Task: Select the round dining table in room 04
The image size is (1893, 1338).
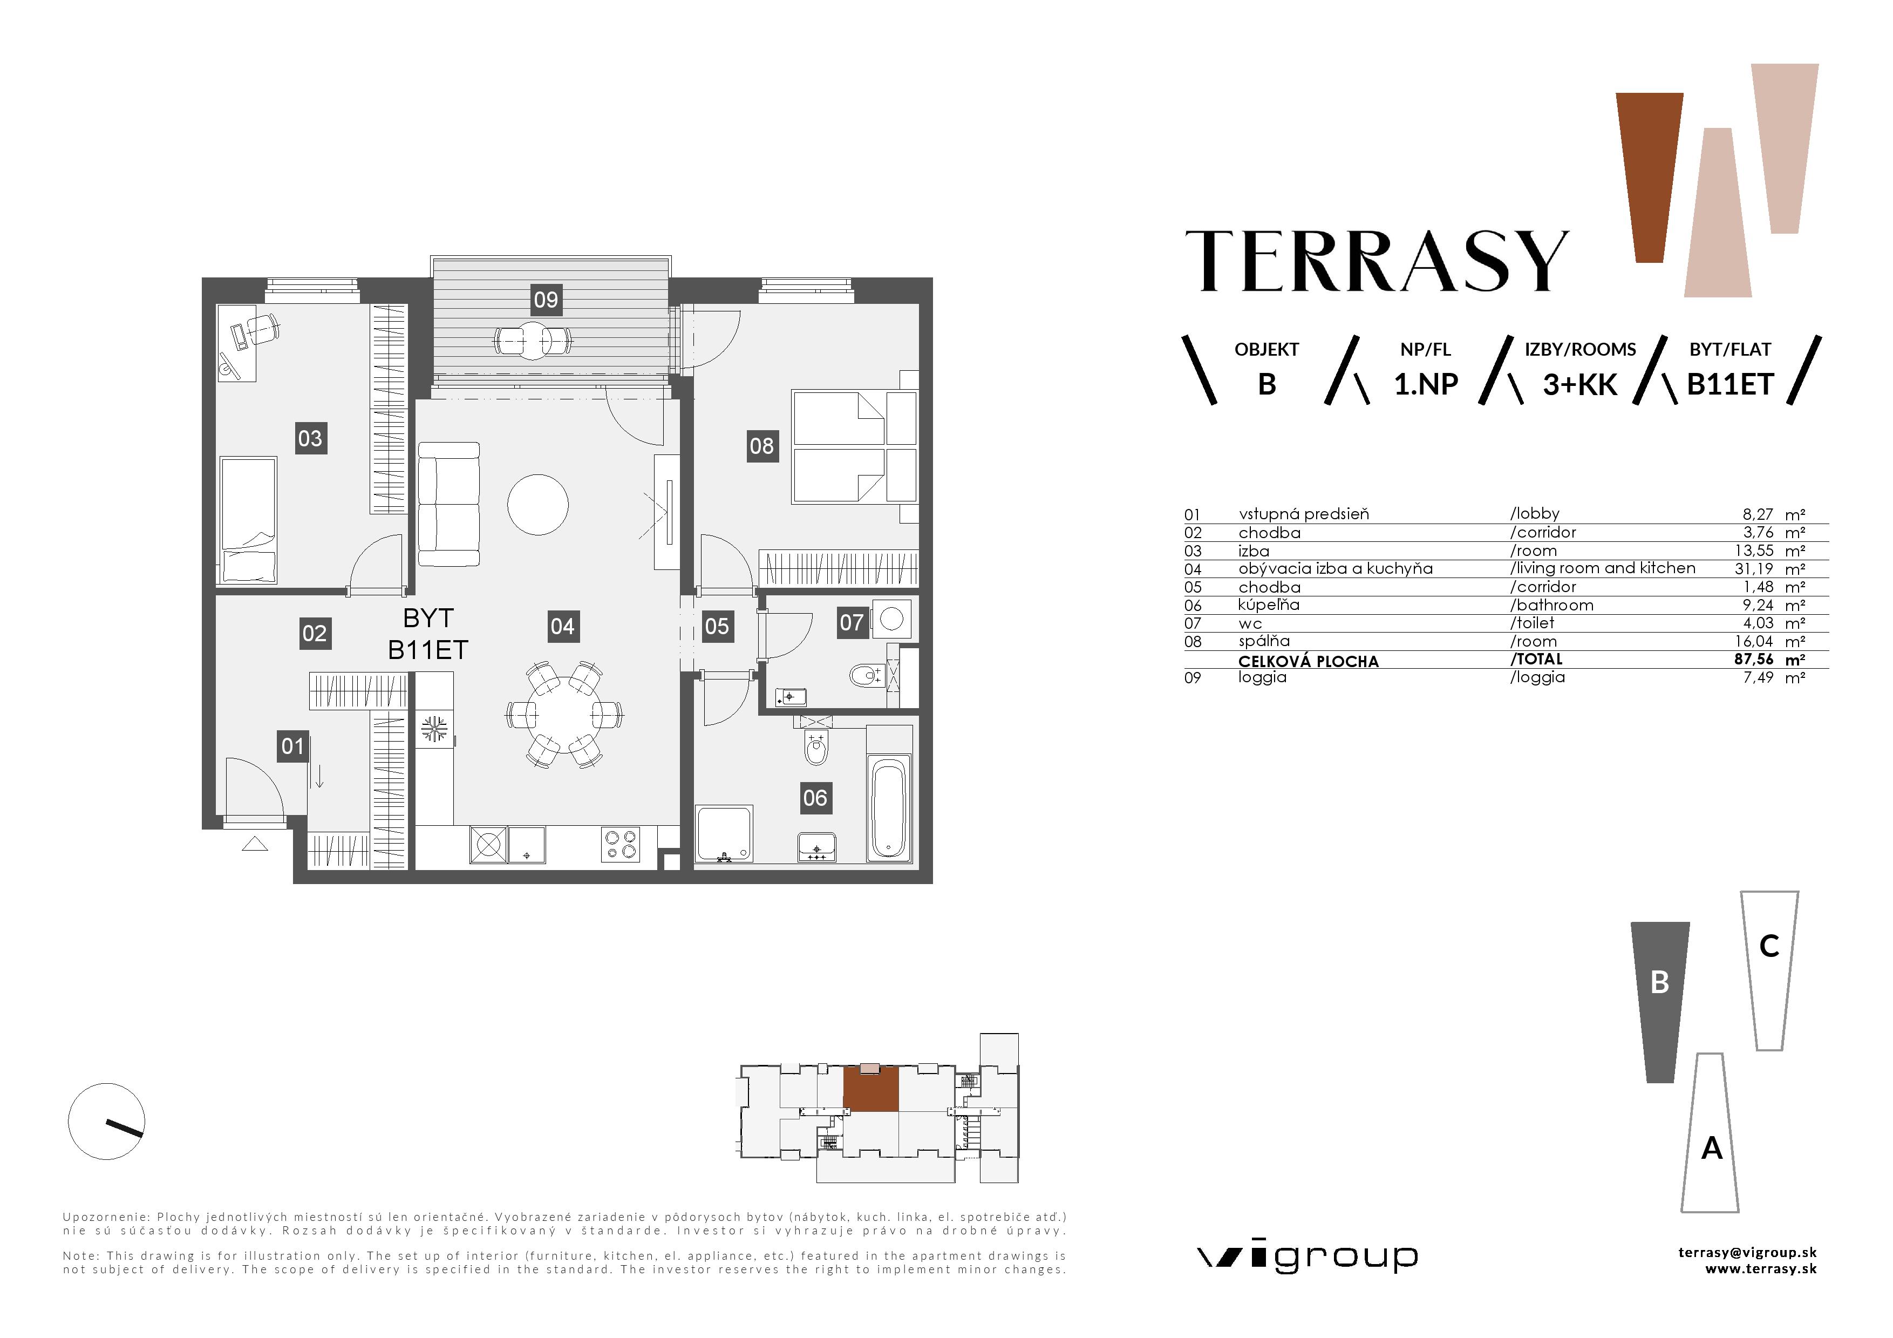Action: point(565,714)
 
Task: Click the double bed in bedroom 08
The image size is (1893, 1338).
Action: point(853,447)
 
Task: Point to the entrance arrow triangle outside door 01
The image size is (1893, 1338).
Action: point(255,844)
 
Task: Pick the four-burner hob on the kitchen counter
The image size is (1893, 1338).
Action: point(620,844)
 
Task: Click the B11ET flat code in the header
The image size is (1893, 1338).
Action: point(1729,385)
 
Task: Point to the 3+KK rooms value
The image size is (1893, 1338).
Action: point(1579,385)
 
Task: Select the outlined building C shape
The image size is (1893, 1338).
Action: point(1769,969)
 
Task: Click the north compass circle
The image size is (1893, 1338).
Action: point(106,1121)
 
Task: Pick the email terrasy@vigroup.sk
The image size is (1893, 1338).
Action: point(1747,1252)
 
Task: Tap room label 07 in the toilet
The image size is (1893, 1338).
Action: point(851,622)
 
